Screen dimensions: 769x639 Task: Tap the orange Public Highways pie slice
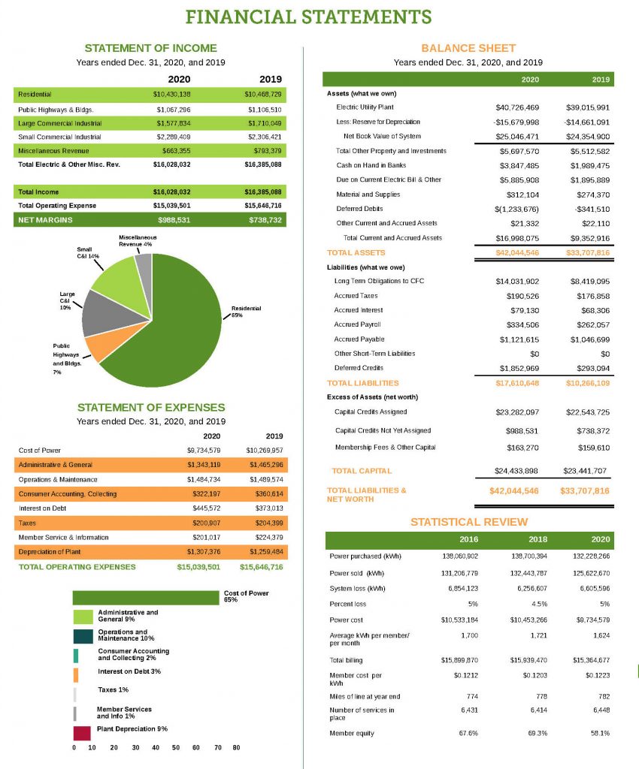click(x=95, y=348)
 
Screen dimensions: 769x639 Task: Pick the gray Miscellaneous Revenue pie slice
click(x=144, y=264)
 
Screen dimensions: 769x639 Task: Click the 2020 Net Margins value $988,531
click(x=174, y=220)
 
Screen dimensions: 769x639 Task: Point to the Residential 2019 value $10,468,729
click(x=263, y=95)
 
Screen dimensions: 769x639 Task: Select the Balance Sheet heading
click(x=468, y=48)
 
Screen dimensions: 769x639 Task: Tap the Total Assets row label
click(x=356, y=252)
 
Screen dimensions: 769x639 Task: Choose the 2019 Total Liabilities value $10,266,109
click(x=587, y=383)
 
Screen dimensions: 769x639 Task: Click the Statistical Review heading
click(x=469, y=522)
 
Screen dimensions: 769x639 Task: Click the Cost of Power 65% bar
click(x=147, y=598)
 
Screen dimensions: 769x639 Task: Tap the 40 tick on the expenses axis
click(x=155, y=748)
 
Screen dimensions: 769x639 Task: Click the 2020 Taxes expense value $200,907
click(x=203, y=523)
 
